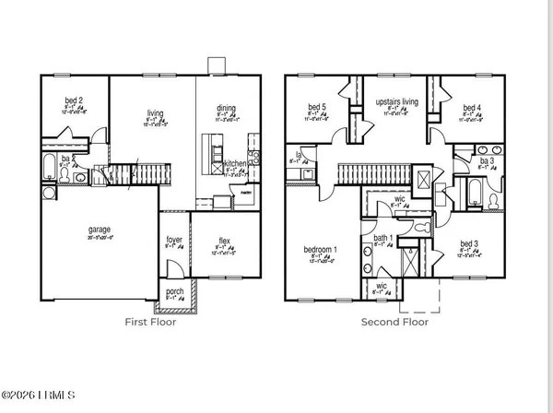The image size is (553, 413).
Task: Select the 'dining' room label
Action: pyautogui.click(x=226, y=108)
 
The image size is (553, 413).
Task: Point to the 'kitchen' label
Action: pyautogui.click(x=236, y=163)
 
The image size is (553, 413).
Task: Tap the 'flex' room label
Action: pyautogui.click(x=224, y=242)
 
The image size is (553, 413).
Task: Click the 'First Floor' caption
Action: pyautogui.click(x=150, y=323)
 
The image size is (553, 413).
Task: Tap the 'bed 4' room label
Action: pyautogui.click(x=472, y=107)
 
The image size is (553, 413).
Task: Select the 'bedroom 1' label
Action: pyautogui.click(x=321, y=250)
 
